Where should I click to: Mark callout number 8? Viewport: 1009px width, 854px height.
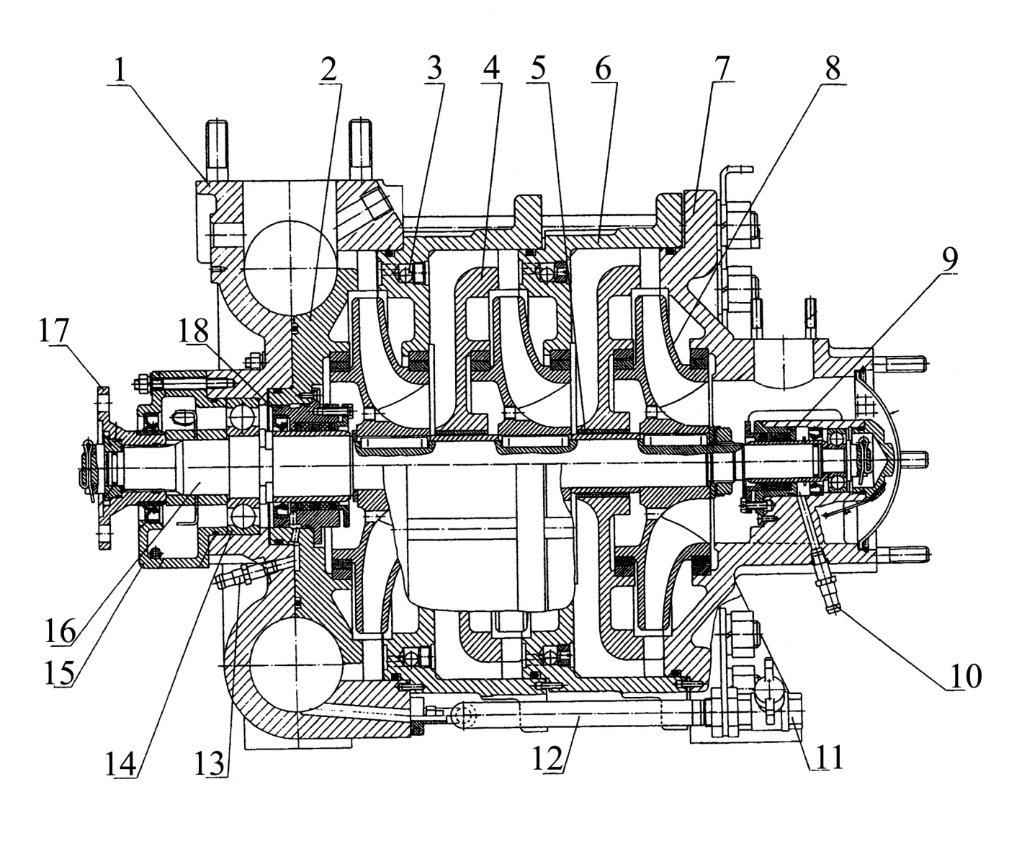pyautogui.click(x=833, y=68)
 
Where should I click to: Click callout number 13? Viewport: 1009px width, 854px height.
pyautogui.click(x=210, y=763)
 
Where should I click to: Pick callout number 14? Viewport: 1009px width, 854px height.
pyautogui.click(x=121, y=763)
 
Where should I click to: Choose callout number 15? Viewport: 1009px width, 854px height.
pyautogui.click(x=60, y=672)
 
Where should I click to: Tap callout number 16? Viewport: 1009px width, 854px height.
pyautogui.click(x=60, y=631)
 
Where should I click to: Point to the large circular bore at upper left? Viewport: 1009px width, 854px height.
pyautogui.click(x=291, y=268)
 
